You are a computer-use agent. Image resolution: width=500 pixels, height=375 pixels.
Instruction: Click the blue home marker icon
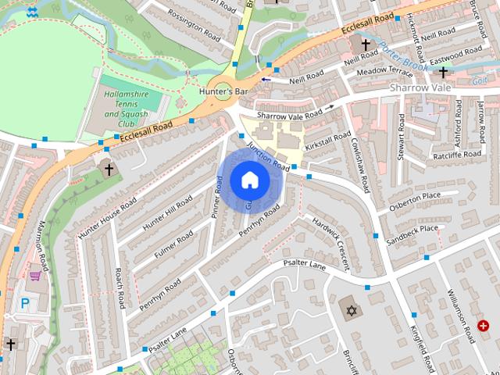[x=249, y=181]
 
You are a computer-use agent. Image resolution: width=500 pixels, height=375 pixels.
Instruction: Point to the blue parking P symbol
[x=25, y=304]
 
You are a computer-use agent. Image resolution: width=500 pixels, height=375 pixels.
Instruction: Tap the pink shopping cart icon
[x=34, y=274]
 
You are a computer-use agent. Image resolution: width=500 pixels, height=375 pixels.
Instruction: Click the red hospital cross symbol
[x=484, y=324]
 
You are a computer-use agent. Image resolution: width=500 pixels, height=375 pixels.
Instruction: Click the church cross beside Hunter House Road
[x=109, y=169]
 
